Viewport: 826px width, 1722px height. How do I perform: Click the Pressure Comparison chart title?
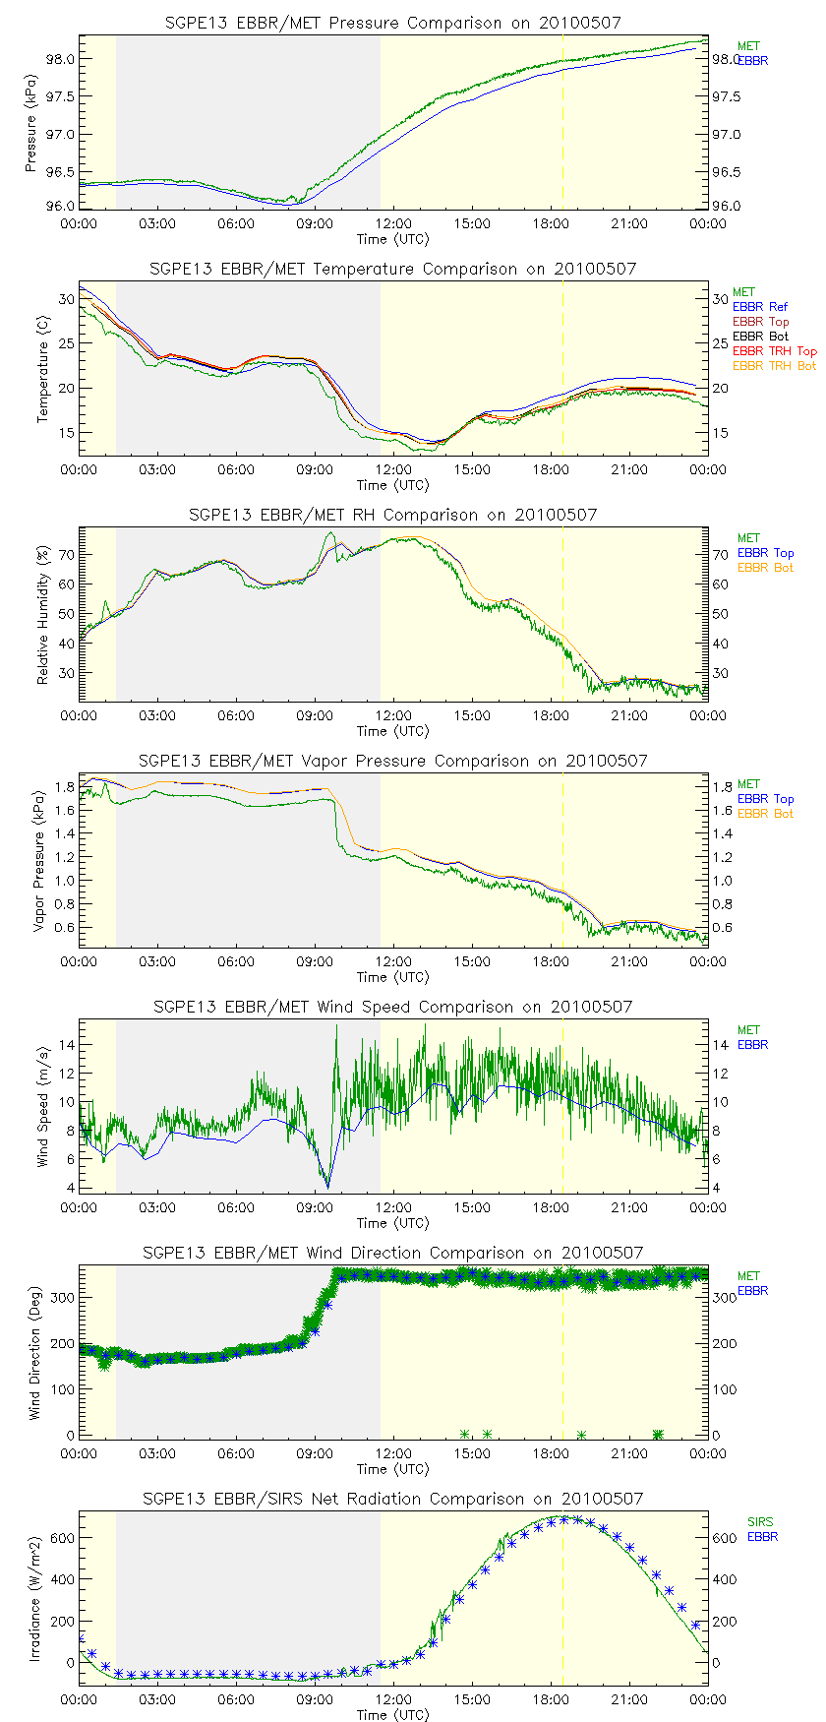point(393,23)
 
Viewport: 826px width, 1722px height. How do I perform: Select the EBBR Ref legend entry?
point(759,307)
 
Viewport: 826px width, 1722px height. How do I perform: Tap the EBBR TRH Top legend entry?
point(774,351)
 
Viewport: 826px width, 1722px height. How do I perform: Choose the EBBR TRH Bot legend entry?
point(774,366)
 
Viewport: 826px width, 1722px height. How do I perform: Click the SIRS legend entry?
point(759,1522)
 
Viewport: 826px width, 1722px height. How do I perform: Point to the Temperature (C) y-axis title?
point(43,368)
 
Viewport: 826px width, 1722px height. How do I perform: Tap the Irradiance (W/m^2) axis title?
point(35,1599)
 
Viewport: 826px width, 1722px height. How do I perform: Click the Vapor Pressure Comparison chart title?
point(393,761)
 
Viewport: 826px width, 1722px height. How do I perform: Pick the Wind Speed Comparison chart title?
point(393,1007)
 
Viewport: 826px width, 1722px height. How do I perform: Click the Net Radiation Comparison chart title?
point(393,1499)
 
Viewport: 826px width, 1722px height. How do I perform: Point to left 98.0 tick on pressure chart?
point(61,59)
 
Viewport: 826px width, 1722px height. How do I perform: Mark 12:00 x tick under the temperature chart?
point(393,469)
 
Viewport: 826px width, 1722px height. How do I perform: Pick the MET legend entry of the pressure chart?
point(748,46)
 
